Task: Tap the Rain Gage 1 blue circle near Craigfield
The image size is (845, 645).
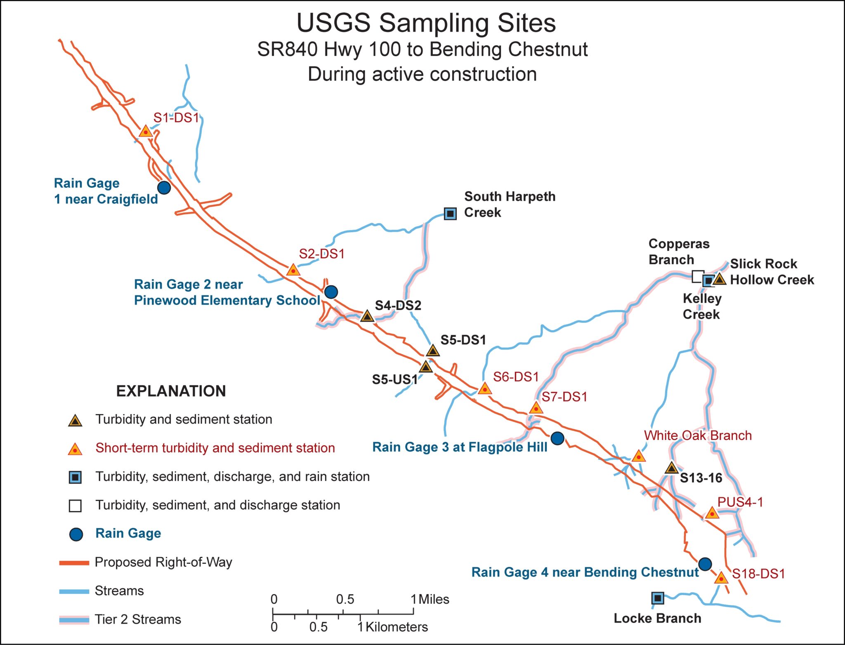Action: [164, 188]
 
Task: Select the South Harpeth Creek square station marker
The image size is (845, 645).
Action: [450, 214]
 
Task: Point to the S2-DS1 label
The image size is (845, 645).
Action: [322, 254]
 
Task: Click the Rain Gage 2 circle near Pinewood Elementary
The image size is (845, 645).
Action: [331, 292]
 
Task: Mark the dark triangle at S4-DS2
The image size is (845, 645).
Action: [367, 316]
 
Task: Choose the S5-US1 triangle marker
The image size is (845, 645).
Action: [426, 366]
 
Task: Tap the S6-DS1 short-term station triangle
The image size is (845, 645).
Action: [485, 388]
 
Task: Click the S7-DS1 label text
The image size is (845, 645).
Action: [564, 397]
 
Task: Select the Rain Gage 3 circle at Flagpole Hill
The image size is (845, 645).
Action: [557, 438]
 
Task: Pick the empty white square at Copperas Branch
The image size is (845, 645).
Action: [698, 276]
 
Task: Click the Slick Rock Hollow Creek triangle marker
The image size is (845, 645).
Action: [720, 279]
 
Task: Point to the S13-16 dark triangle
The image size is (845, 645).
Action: [672, 468]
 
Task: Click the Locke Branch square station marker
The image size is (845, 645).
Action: [658, 598]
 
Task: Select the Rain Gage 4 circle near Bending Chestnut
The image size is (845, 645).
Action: [705, 564]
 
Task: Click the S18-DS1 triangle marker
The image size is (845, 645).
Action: [721, 578]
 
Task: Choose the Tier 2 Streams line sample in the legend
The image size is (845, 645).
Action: [74, 620]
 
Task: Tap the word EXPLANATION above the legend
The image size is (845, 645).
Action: [171, 391]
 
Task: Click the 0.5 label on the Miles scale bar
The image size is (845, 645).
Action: [345, 599]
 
